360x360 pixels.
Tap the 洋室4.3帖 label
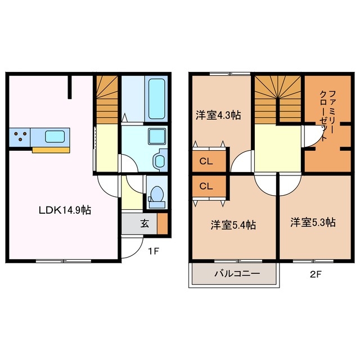(x=219, y=115)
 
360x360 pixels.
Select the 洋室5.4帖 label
(x=233, y=225)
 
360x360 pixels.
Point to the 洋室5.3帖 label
(x=313, y=222)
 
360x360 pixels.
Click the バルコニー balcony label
(x=236, y=275)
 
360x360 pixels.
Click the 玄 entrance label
(x=145, y=223)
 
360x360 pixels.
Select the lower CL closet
(x=206, y=186)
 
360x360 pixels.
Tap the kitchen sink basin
(x=55, y=136)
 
